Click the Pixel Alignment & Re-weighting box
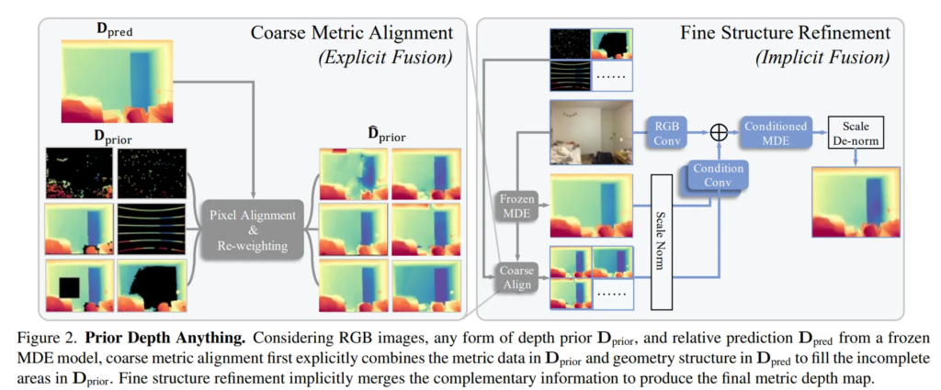tap(253, 229)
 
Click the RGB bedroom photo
tap(592, 132)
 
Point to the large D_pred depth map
tap(117, 82)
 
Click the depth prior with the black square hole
tap(79, 285)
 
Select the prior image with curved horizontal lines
tap(151, 229)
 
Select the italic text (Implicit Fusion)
tap(822, 58)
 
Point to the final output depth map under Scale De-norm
tap(856, 203)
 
